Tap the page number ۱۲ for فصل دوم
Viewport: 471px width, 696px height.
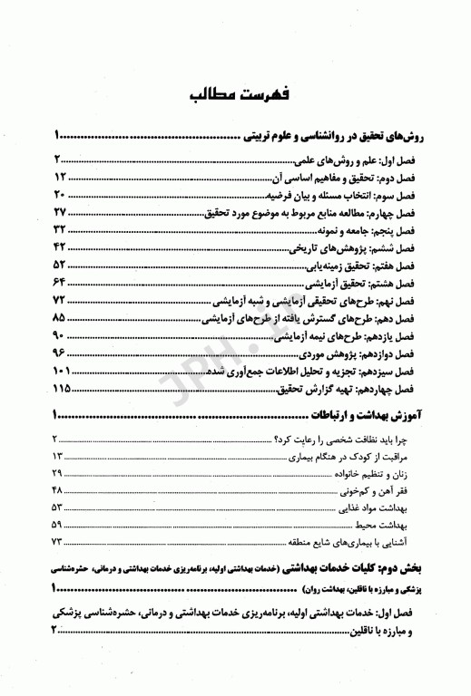[x=61, y=177]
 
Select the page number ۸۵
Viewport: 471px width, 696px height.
[x=60, y=320]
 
